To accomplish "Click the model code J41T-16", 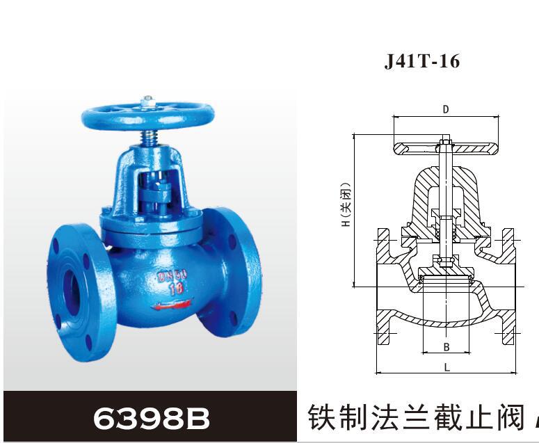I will pyautogui.click(x=422, y=61).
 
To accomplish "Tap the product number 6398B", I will pyautogui.click(x=151, y=418).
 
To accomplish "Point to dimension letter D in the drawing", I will pyautogui.click(x=446, y=109).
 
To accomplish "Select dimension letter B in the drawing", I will pyautogui.click(x=447, y=347).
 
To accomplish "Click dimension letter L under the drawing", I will pyautogui.click(x=447, y=367).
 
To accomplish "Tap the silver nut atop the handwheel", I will pyautogui.click(x=147, y=102).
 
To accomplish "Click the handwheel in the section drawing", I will pyautogui.click(x=446, y=147).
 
